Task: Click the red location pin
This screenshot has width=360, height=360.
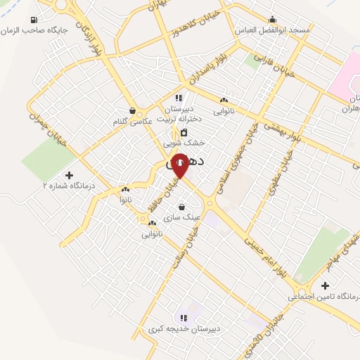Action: coord(179,165)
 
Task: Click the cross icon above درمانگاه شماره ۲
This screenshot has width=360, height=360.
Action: coord(69,174)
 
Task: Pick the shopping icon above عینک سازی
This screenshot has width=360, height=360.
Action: coord(183,207)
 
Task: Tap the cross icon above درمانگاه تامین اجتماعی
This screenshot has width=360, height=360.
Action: coord(324,285)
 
